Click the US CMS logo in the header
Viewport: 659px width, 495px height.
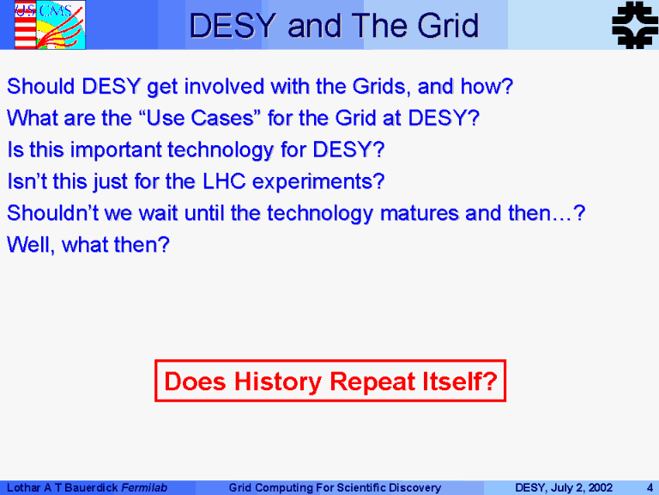coord(50,25)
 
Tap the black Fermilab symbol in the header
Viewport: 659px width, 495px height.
coord(635,25)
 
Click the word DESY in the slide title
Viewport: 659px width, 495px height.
coord(233,26)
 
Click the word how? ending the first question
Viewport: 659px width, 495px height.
coord(487,86)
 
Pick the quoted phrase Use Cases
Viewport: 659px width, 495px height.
coord(197,118)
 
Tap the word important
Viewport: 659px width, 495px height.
coord(116,150)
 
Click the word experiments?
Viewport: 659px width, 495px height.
coord(318,182)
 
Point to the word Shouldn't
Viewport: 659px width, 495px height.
coord(53,213)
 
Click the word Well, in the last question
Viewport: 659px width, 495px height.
coord(31,245)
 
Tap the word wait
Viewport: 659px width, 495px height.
coord(159,213)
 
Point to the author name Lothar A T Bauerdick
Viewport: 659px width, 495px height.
coord(62,488)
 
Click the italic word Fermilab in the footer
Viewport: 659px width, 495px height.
coord(144,488)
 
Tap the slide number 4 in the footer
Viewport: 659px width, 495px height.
coord(650,488)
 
